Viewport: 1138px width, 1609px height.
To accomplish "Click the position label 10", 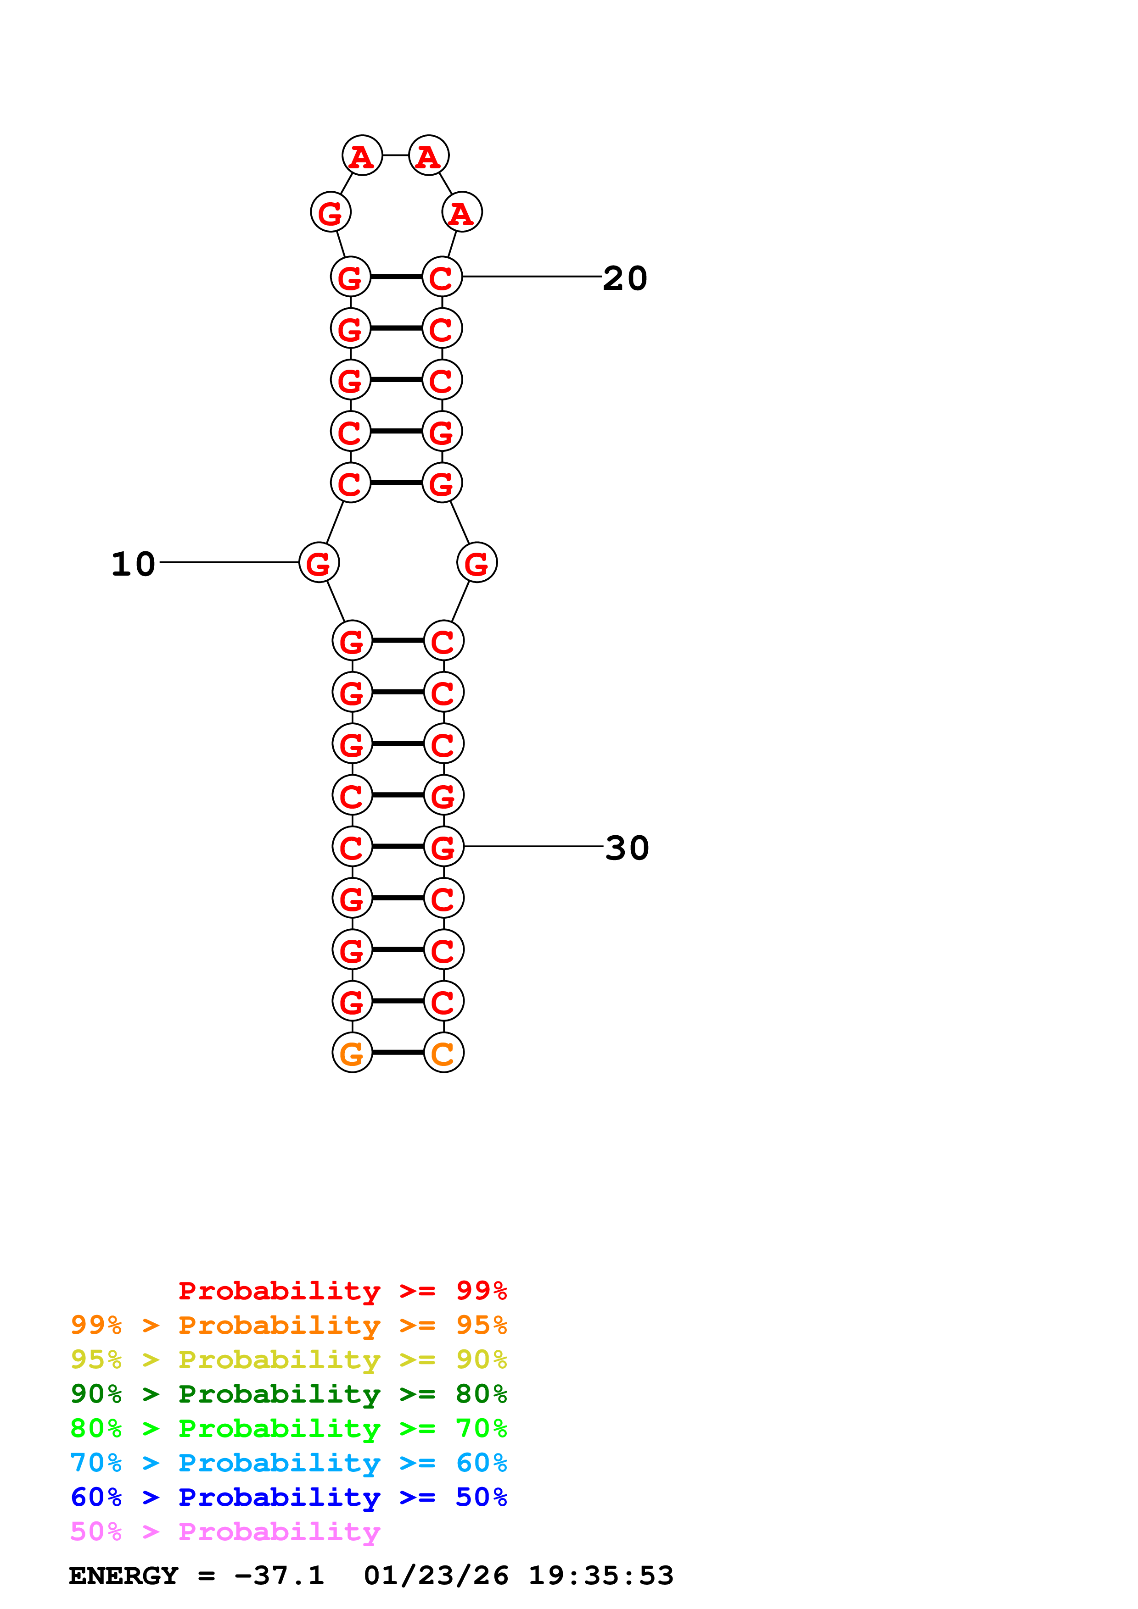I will point(133,564).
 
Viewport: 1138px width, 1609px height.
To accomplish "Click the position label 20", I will point(625,278).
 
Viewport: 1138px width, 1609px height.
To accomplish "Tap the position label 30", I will point(627,848).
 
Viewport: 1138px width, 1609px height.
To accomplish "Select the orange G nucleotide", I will point(352,1053).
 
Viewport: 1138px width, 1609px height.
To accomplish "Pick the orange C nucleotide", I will point(444,1053).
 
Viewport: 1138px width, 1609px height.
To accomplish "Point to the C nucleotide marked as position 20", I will point(442,277).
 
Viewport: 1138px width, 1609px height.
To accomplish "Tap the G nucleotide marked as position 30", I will point(444,847).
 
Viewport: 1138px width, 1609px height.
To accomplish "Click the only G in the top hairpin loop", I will point(330,211).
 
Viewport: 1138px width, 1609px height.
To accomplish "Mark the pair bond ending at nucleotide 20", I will point(396,277).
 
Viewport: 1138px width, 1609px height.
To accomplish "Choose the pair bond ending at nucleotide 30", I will point(398,847).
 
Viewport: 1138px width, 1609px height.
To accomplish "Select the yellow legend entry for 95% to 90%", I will point(288,1359).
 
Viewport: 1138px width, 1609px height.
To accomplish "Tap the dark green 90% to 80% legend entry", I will point(288,1394).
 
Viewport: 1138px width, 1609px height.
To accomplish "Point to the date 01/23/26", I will point(436,1576).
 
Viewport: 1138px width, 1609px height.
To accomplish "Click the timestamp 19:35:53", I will point(600,1576).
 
